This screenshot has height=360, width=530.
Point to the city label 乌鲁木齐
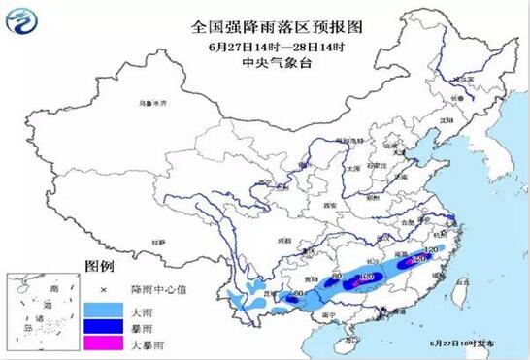[x=151, y=101]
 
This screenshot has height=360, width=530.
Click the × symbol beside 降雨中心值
[x=100, y=288]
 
